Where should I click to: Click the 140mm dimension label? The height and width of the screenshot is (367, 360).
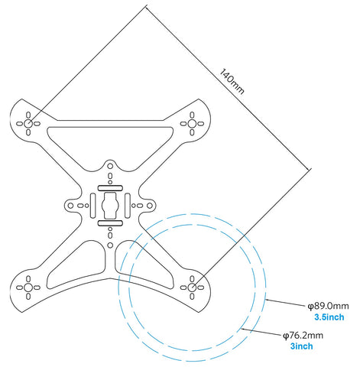(x=232, y=81)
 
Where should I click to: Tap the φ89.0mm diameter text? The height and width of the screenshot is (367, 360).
(x=329, y=306)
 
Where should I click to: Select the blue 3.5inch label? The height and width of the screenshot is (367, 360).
(x=329, y=317)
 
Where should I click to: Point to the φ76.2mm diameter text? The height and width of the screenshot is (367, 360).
(x=303, y=335)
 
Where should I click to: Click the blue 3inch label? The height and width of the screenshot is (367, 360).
(x=302, y=346)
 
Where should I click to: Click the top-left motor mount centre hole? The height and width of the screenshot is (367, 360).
(x=28, y=124)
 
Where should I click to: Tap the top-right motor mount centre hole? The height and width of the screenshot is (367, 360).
(x=192, y=124)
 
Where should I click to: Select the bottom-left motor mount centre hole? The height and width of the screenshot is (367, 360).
(x=28, y=287)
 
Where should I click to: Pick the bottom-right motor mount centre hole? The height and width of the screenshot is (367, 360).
(x=192, y=287)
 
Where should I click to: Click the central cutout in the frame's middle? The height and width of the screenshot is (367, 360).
(x=110, y=206)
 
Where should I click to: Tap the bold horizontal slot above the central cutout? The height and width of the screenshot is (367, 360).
(x=110, y=188)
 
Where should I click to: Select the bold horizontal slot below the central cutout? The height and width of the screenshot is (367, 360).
(x=110, y=223)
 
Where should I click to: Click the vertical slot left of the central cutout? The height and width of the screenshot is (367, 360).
(x=92, y=206)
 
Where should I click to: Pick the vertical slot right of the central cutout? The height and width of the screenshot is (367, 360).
(x=128, y=206)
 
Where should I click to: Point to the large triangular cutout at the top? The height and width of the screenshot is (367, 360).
(x=110, y=143)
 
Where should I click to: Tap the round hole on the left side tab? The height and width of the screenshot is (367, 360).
(x=70, y=206)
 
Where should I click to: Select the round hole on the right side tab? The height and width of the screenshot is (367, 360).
(x=150, y=206)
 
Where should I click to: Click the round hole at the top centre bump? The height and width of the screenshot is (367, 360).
(x=110, y=166)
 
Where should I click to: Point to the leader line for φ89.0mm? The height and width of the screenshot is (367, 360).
(x=287, y=303)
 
